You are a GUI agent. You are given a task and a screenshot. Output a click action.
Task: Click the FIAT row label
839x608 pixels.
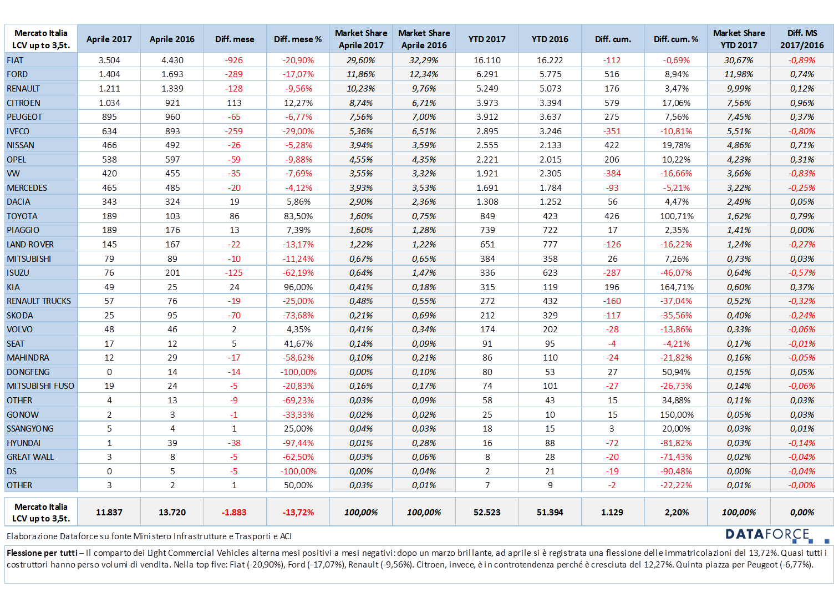[x=15, y=60]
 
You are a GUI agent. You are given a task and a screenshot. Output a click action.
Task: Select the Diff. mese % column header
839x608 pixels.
[x=298, y=39]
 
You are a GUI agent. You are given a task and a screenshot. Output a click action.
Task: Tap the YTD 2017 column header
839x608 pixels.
[x=486, y=39]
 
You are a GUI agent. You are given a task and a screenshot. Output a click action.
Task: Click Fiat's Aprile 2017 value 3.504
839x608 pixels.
[x=109, y=60]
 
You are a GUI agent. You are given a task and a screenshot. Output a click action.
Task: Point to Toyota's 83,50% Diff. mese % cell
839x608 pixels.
[x=298, y=216]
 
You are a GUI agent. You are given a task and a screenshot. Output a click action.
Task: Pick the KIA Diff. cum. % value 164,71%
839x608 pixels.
[x=677, y=287]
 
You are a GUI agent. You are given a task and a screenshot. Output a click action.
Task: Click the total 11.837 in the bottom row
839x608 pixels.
[x=109, y=512]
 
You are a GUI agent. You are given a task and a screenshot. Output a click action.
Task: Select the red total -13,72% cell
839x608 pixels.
[x=298, y=512]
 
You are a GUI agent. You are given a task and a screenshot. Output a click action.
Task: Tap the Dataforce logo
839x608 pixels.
[x=777, y=535]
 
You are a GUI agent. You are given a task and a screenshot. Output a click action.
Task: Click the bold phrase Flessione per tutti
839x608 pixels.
[x=42, y=553]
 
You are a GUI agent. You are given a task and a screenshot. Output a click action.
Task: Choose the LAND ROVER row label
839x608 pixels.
[x=30, y=245]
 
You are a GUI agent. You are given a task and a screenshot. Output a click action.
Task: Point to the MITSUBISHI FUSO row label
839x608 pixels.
[x=40, y=386]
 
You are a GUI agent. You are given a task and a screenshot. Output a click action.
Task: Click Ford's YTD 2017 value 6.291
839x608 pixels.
[x=487, y=74]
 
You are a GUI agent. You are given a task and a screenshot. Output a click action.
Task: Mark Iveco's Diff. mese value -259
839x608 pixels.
[x=233, y=131]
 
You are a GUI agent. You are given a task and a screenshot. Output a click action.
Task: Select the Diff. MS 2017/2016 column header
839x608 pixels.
[x=802, y=39]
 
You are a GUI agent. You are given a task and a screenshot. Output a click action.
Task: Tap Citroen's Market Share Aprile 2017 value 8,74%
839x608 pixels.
[x=360, y=103]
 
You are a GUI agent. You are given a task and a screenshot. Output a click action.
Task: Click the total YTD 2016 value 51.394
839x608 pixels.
[x=550, y=512]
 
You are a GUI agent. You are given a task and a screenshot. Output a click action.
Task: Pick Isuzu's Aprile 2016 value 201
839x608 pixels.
[x=172, y=273]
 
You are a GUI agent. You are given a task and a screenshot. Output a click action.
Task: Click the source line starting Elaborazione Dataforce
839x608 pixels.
[x=149, y=536]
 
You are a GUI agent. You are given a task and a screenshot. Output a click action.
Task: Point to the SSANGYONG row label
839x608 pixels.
[x=30, y=429]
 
